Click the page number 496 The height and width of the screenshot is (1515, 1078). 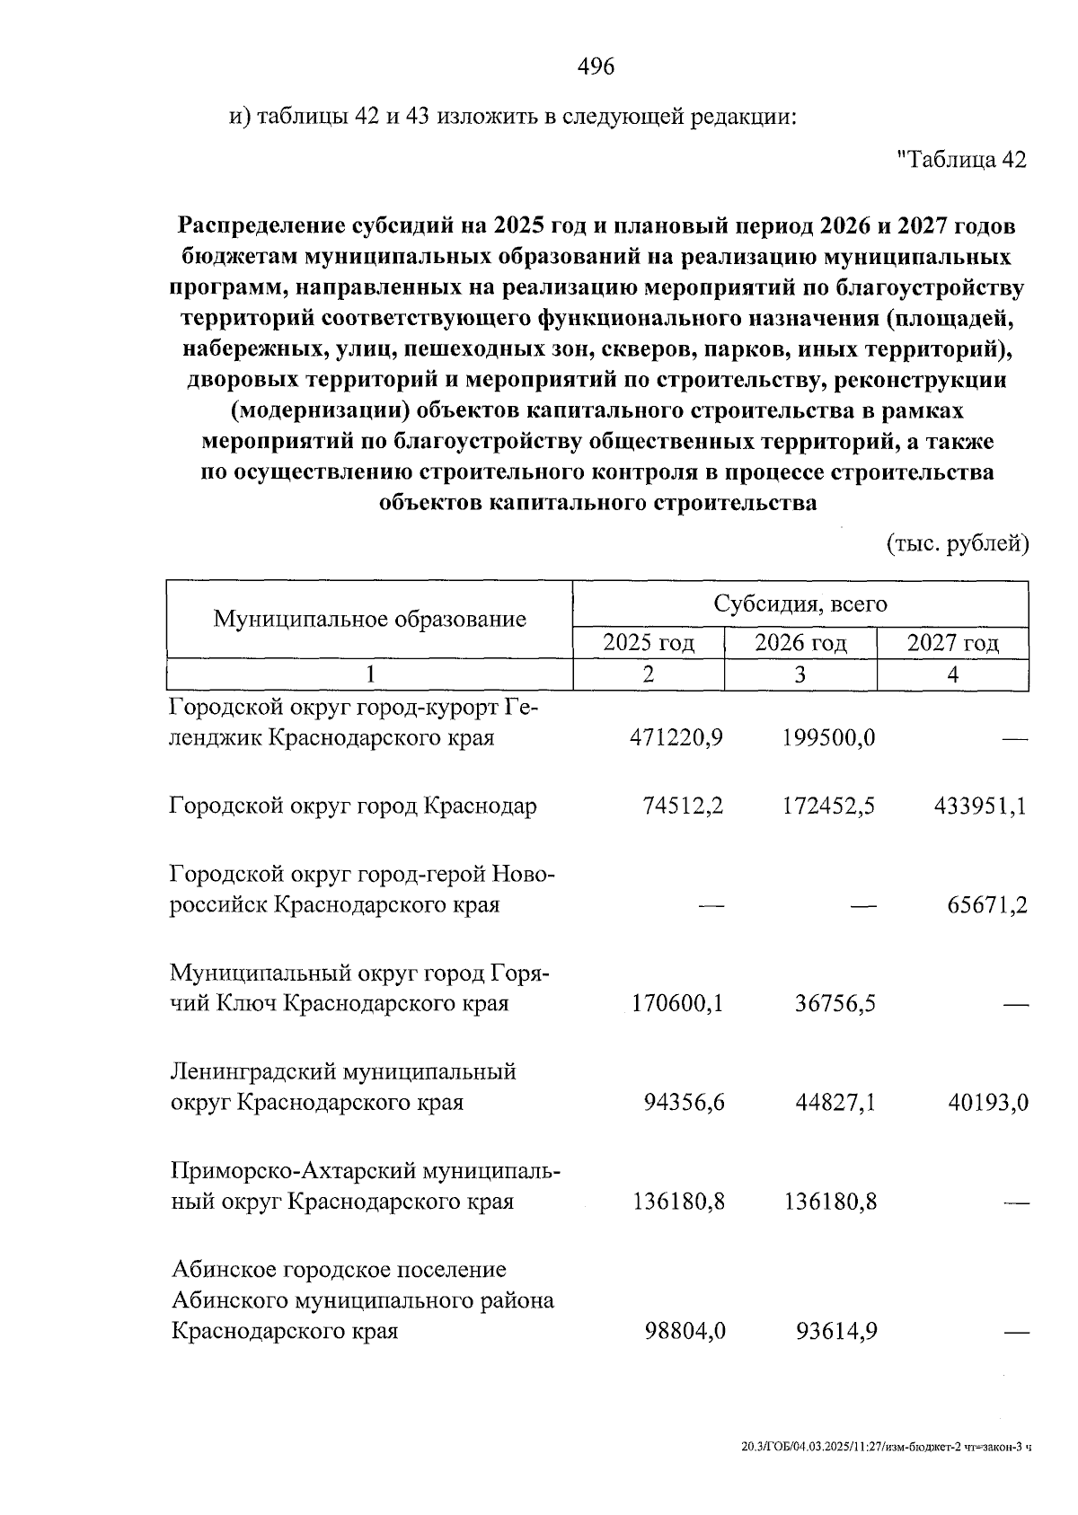pyautogui.click(x=596, y=66)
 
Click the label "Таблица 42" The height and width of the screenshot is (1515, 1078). pyautogui.click(x=961, y=160)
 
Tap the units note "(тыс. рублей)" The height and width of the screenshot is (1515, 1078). pyautogui.click(x=957, y=544)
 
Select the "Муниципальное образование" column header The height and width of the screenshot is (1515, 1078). pyautogui.click(x=369, y=619)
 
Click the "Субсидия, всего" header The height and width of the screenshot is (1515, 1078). pyautogui.click(x=800, y=603)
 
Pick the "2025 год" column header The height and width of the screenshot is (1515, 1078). pyautogui.click(x=649, y=643)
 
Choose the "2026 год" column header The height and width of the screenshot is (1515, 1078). pyautogui.click(x=800, y=643)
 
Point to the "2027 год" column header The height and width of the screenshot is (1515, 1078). pyautogui.click(x=952, y=643)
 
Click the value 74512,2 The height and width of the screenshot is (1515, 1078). pyautogui.click(x=684, y=806)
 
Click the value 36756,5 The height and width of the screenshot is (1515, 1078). pyautogui.click(x=835, y=1003)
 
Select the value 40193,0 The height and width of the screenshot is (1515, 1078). pyautogui.click(x=987, y=1102)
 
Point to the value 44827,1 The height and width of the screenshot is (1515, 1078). pyautogui.click(x=835, y=1102)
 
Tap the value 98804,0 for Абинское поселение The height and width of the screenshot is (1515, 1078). pyautogui.click(x=685, y=1331)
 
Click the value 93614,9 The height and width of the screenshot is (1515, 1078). pyautogui.click(x=836, y=1331)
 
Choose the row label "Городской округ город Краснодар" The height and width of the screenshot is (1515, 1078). pyautogui.click(x=354, y=806)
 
